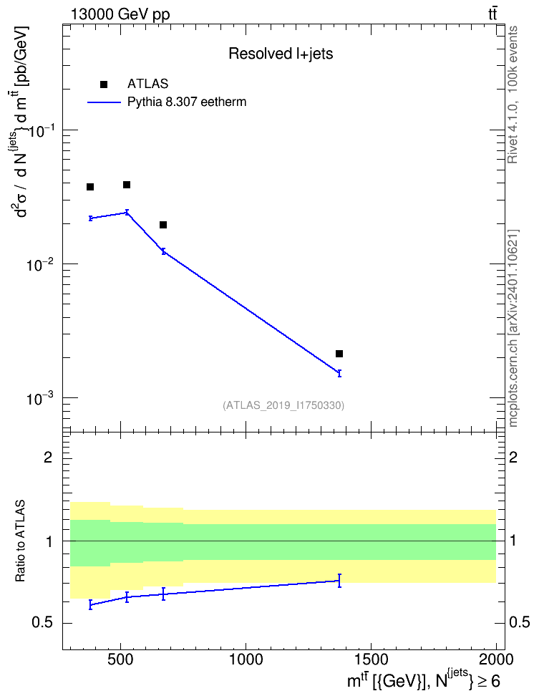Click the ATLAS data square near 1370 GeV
[339, 354]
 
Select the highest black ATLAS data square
[127, 185]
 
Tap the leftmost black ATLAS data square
[90, 187]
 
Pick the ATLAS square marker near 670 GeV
[163, 225]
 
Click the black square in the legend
[104, 84]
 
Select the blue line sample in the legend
[104, 102]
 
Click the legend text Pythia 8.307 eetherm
[187, 102]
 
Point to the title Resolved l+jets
[281, 54]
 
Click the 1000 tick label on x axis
[246, 659]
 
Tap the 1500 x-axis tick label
[370, 659]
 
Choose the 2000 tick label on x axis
[495, 659]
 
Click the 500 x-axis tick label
[121, 659]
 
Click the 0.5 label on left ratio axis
[42, 623]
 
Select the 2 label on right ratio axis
[513, 457]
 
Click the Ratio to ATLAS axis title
[20, 541]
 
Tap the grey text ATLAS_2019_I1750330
[283, 405]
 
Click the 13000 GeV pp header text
[120, 14]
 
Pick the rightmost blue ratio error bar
[339, 581]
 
